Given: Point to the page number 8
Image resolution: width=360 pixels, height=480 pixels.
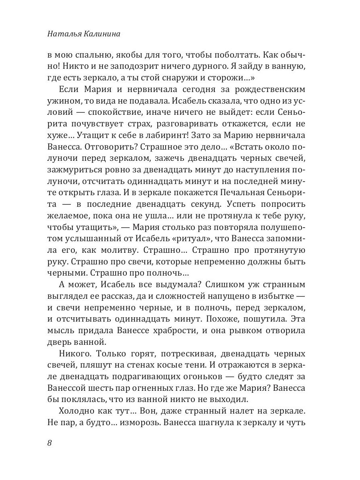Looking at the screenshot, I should pyautogui.click(x=49, y=443).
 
